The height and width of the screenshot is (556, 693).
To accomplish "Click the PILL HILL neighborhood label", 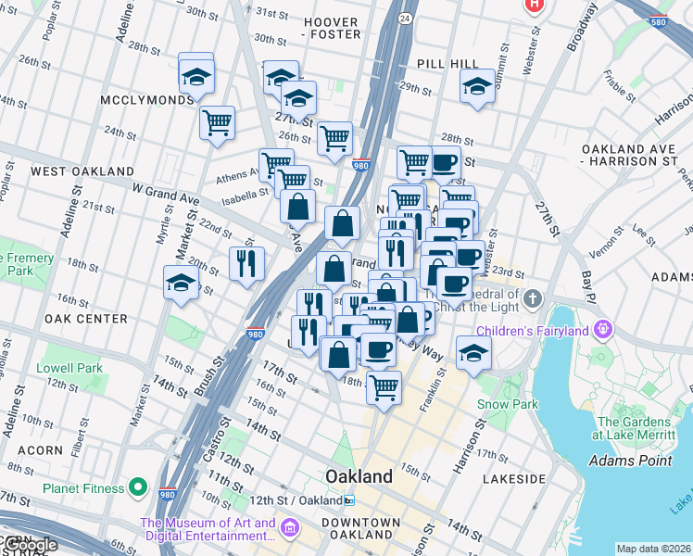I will click(447, 63).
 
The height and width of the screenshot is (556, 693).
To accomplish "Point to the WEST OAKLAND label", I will click(82, 171).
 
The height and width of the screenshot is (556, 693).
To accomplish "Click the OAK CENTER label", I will click(85, 319).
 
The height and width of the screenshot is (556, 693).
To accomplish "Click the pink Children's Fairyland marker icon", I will click(604, 329).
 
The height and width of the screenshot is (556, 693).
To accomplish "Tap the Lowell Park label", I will click(69, 368).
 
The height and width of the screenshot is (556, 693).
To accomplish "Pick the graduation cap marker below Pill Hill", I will click(476, 87).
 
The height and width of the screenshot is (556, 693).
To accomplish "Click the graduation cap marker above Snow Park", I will click(473, 352).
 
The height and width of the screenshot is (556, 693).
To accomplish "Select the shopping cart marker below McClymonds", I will click(217, 122).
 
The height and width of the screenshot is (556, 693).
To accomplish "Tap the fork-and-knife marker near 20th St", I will click(246, 263).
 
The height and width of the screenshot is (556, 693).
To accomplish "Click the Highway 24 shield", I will click(405, 18).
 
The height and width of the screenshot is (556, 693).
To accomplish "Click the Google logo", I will click(30, 545).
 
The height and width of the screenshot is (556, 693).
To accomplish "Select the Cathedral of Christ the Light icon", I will click(532, 299).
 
